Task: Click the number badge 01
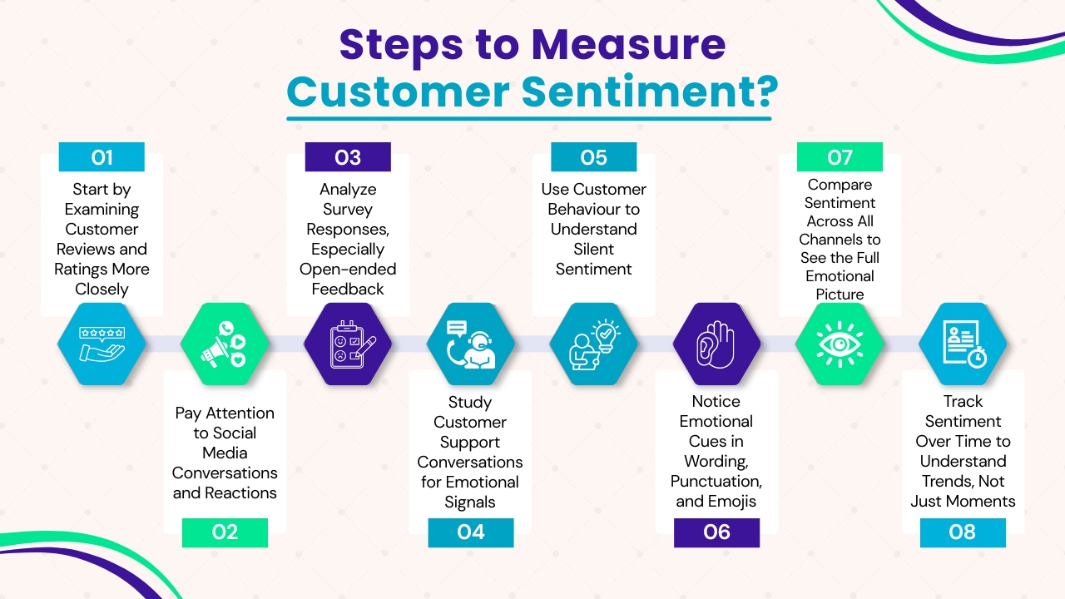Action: tap(102, 157)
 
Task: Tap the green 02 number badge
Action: tap(225, 532)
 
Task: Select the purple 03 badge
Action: tap(348, 157)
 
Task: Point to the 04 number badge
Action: tap(471, 532)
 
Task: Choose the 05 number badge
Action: tap(594, 157)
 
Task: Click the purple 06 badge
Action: tap(716, 532)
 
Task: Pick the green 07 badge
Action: tap(840, 157)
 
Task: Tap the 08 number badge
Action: tap(963, 532)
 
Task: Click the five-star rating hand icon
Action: tap(102, 344)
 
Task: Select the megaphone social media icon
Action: tap(225, 344)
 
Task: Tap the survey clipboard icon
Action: tap(348, 344)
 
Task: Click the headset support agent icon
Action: tap(471, 344)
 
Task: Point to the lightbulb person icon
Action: tap(594, 344)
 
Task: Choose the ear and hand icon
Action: tap(716, 344)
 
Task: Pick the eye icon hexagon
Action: tap(840, 344)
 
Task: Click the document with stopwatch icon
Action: tap(963, 344)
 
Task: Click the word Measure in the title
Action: tap(630, 45)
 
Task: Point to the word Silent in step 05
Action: tap(594, 249)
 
